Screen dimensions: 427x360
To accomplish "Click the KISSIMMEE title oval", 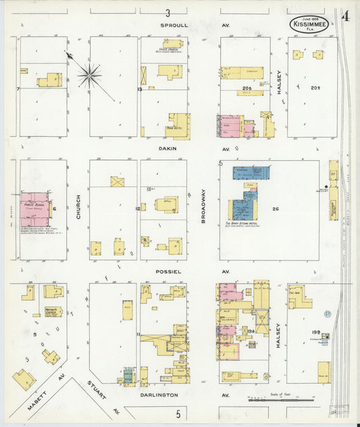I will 311,24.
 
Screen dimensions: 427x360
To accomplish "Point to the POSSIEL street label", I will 169,272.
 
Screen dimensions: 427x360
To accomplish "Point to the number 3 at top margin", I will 168,12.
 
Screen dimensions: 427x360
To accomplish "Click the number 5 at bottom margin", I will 178,413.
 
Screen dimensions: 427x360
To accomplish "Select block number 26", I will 276,209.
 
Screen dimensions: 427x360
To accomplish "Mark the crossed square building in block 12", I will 118,182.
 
